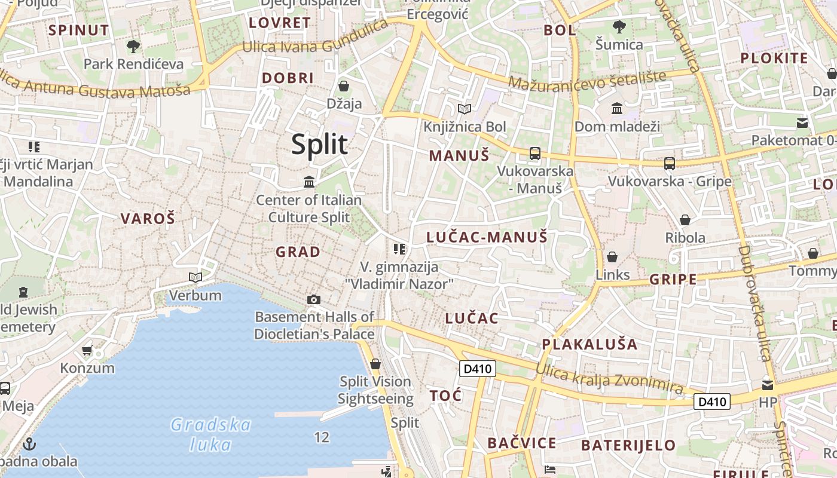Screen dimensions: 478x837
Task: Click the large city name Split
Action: [319, 145]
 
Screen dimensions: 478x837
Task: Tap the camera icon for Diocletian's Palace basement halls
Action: [313, 299]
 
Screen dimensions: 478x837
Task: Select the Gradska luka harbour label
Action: [210, 434]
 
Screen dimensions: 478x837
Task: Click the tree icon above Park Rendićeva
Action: [133, 46]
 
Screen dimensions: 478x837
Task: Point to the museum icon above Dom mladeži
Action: [617, 109]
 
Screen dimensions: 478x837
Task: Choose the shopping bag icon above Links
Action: [612, 257]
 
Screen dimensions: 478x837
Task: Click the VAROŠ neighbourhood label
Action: [148, 219]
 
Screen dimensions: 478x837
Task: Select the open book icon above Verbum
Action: [195, 277]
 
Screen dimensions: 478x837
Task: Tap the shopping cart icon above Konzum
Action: [87, 350]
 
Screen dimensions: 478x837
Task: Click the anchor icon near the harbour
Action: [29, 444]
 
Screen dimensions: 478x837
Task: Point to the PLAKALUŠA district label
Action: [589, 344]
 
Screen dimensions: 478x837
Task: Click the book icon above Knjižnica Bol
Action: [465, 109]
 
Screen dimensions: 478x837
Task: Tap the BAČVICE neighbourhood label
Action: [521, 443]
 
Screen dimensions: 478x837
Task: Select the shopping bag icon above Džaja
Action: [344, 86]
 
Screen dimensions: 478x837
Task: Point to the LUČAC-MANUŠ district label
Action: [487, 237]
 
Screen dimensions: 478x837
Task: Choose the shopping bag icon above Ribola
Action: [685, 220]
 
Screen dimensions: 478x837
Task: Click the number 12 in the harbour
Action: [322, 438]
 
